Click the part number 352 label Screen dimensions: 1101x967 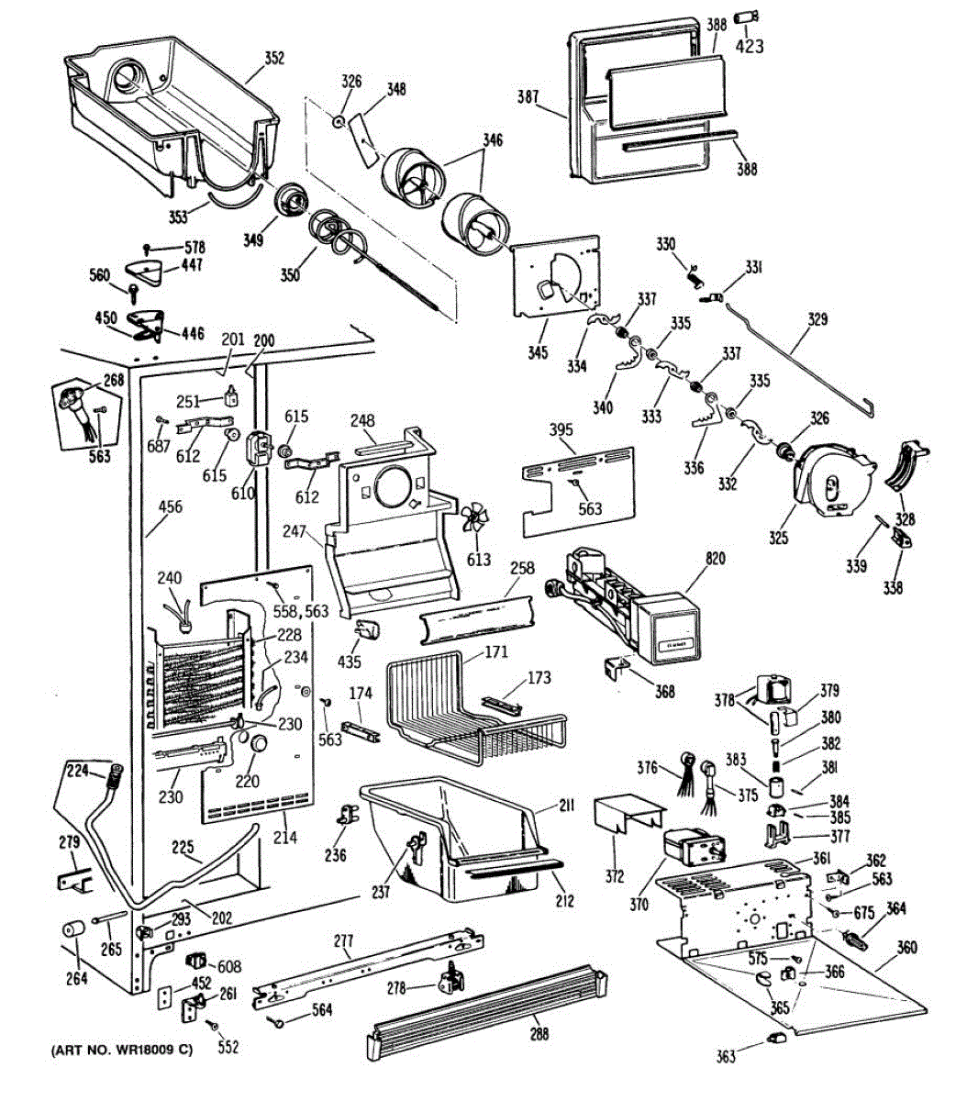coord(274,59)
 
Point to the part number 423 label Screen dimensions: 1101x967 coord(750,46)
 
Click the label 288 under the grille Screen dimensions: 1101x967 coord(539,1034)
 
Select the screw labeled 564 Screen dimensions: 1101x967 coord(274,1020)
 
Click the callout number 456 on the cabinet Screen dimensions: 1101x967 coord(171,506)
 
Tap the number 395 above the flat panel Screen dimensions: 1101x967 coord(561,431)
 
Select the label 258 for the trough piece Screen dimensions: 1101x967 coord(522,569)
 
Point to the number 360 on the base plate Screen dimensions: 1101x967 coord(906,948)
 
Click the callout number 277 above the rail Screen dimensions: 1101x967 coord(343,940)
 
